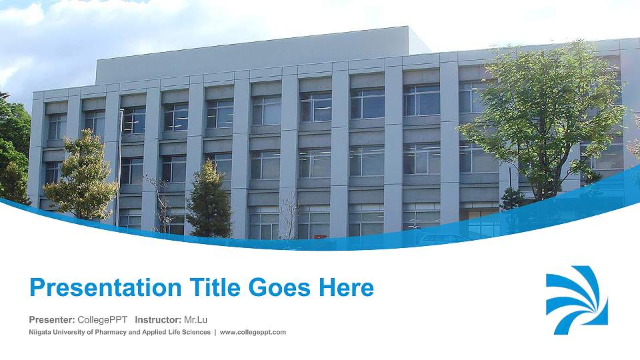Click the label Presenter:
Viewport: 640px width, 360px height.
[51, 320]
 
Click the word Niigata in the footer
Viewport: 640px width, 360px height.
[41, 332]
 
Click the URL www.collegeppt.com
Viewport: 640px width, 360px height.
[253, 332]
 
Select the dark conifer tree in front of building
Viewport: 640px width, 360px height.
[209, 200]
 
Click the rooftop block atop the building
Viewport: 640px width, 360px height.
[260, 50]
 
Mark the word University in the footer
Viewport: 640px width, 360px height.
[73, 332]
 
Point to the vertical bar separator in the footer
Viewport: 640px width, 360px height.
[214, 332]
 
